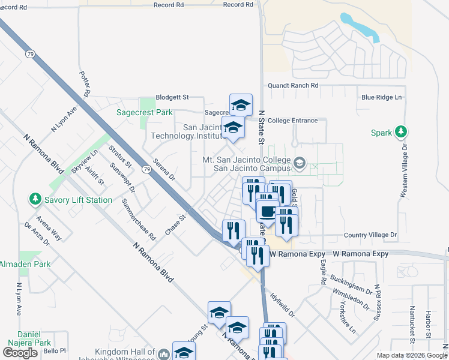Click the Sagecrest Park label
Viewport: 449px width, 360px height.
tap(145, 112)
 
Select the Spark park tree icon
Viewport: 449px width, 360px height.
tap(401, 132)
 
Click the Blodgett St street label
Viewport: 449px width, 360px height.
tap(172, 97)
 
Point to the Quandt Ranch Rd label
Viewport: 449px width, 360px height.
tap(293, 86)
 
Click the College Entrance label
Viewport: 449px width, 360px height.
tap(292, 121)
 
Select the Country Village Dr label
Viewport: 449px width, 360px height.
tap(370, 236)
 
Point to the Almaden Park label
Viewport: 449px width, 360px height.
tap(25, 264)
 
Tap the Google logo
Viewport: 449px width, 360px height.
tap(20, 353)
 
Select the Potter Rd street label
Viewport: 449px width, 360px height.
tap(85, 84)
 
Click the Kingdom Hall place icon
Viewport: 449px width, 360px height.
tap(164, 354)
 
